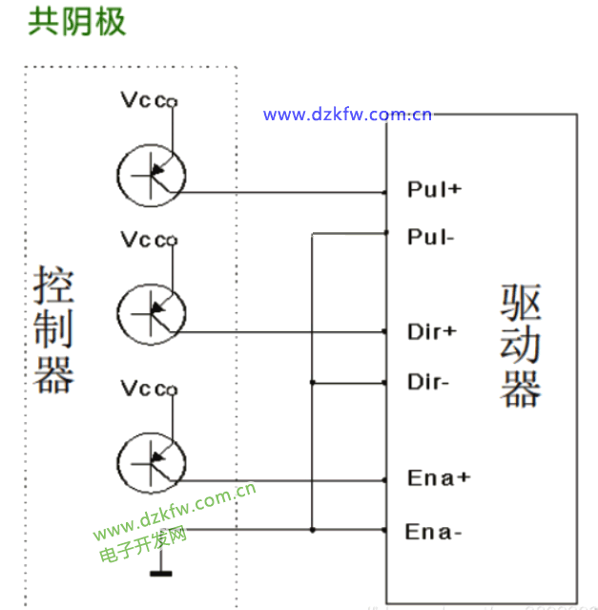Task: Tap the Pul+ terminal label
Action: pos(434,189)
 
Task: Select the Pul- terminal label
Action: pos(429,237)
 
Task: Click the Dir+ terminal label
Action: pos(432,332)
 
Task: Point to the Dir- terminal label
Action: pos(428,383)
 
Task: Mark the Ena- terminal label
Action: pos(434,531)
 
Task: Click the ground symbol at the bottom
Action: pos(161,573)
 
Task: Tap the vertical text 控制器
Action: pos(54,330)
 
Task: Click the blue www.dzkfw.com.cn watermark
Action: pos(347,116)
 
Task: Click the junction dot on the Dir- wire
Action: pos(313,383)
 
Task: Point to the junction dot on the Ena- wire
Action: pos(313,529)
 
